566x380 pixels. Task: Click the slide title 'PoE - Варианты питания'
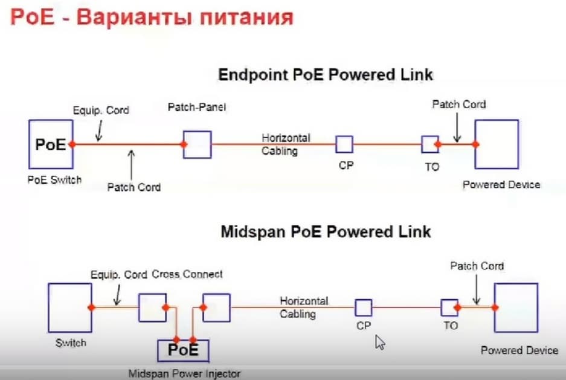151,18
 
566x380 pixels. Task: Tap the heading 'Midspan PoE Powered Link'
326,232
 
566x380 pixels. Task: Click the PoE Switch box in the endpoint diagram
50,144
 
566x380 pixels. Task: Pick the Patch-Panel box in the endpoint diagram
197,145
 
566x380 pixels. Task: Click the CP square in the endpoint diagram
344,144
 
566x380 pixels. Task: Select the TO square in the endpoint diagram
429,144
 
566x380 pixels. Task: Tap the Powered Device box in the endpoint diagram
497,144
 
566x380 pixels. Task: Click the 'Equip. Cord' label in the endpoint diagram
101,111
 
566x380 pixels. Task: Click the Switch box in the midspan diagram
69,308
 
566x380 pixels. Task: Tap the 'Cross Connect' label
187,274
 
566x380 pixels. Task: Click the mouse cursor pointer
380,343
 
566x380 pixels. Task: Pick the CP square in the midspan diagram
363,308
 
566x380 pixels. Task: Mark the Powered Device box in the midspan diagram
515,308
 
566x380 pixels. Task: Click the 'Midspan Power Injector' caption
184,373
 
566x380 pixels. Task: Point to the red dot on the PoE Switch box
72,144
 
